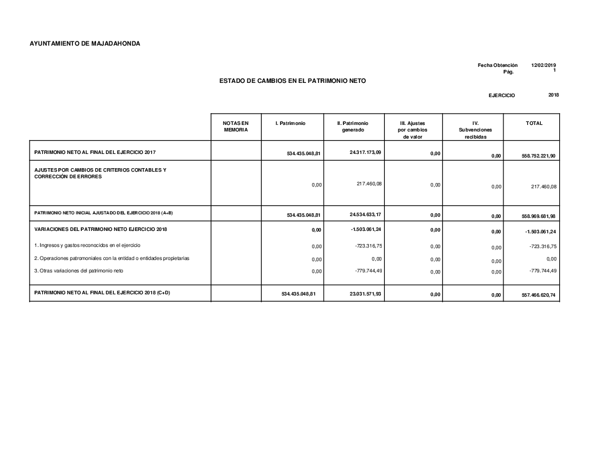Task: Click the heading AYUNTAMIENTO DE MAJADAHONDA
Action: [x=85, y=43]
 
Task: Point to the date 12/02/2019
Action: [x=543, y=65]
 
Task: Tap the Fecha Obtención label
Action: [x=498, y=65]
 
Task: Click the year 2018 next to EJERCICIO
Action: [x=553, y=95]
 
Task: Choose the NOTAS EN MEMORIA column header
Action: [x=236, y=126]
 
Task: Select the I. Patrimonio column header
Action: [x=291, y=123]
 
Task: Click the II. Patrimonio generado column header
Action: [x=352, y=126]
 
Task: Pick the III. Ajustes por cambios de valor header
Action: [x=413, y=130]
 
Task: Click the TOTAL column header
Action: [x=534, y=123]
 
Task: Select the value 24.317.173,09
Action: [x=365, y=152]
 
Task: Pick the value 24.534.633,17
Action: [x=365, y=214]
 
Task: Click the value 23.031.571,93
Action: [x=365, y=293]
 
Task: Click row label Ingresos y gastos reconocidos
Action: [x=87, y=245]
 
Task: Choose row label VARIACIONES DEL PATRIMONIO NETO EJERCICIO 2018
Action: [x=101, y=229]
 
